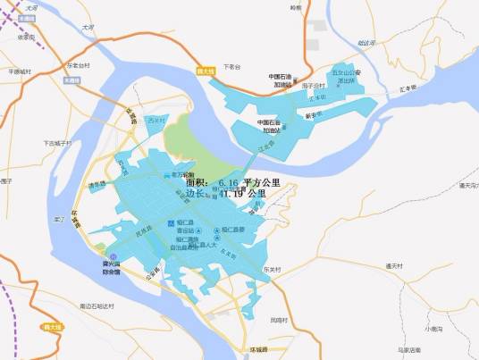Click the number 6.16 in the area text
pyautogui.click(x=228, y=182)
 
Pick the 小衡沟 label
pyautogui.click(x=435, y=329)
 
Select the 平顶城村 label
pyautogui.click(x=19, y=71)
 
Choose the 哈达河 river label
pyautogui.click(x=365, y=42)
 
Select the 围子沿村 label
pyautogui.click(x=315, y=86)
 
